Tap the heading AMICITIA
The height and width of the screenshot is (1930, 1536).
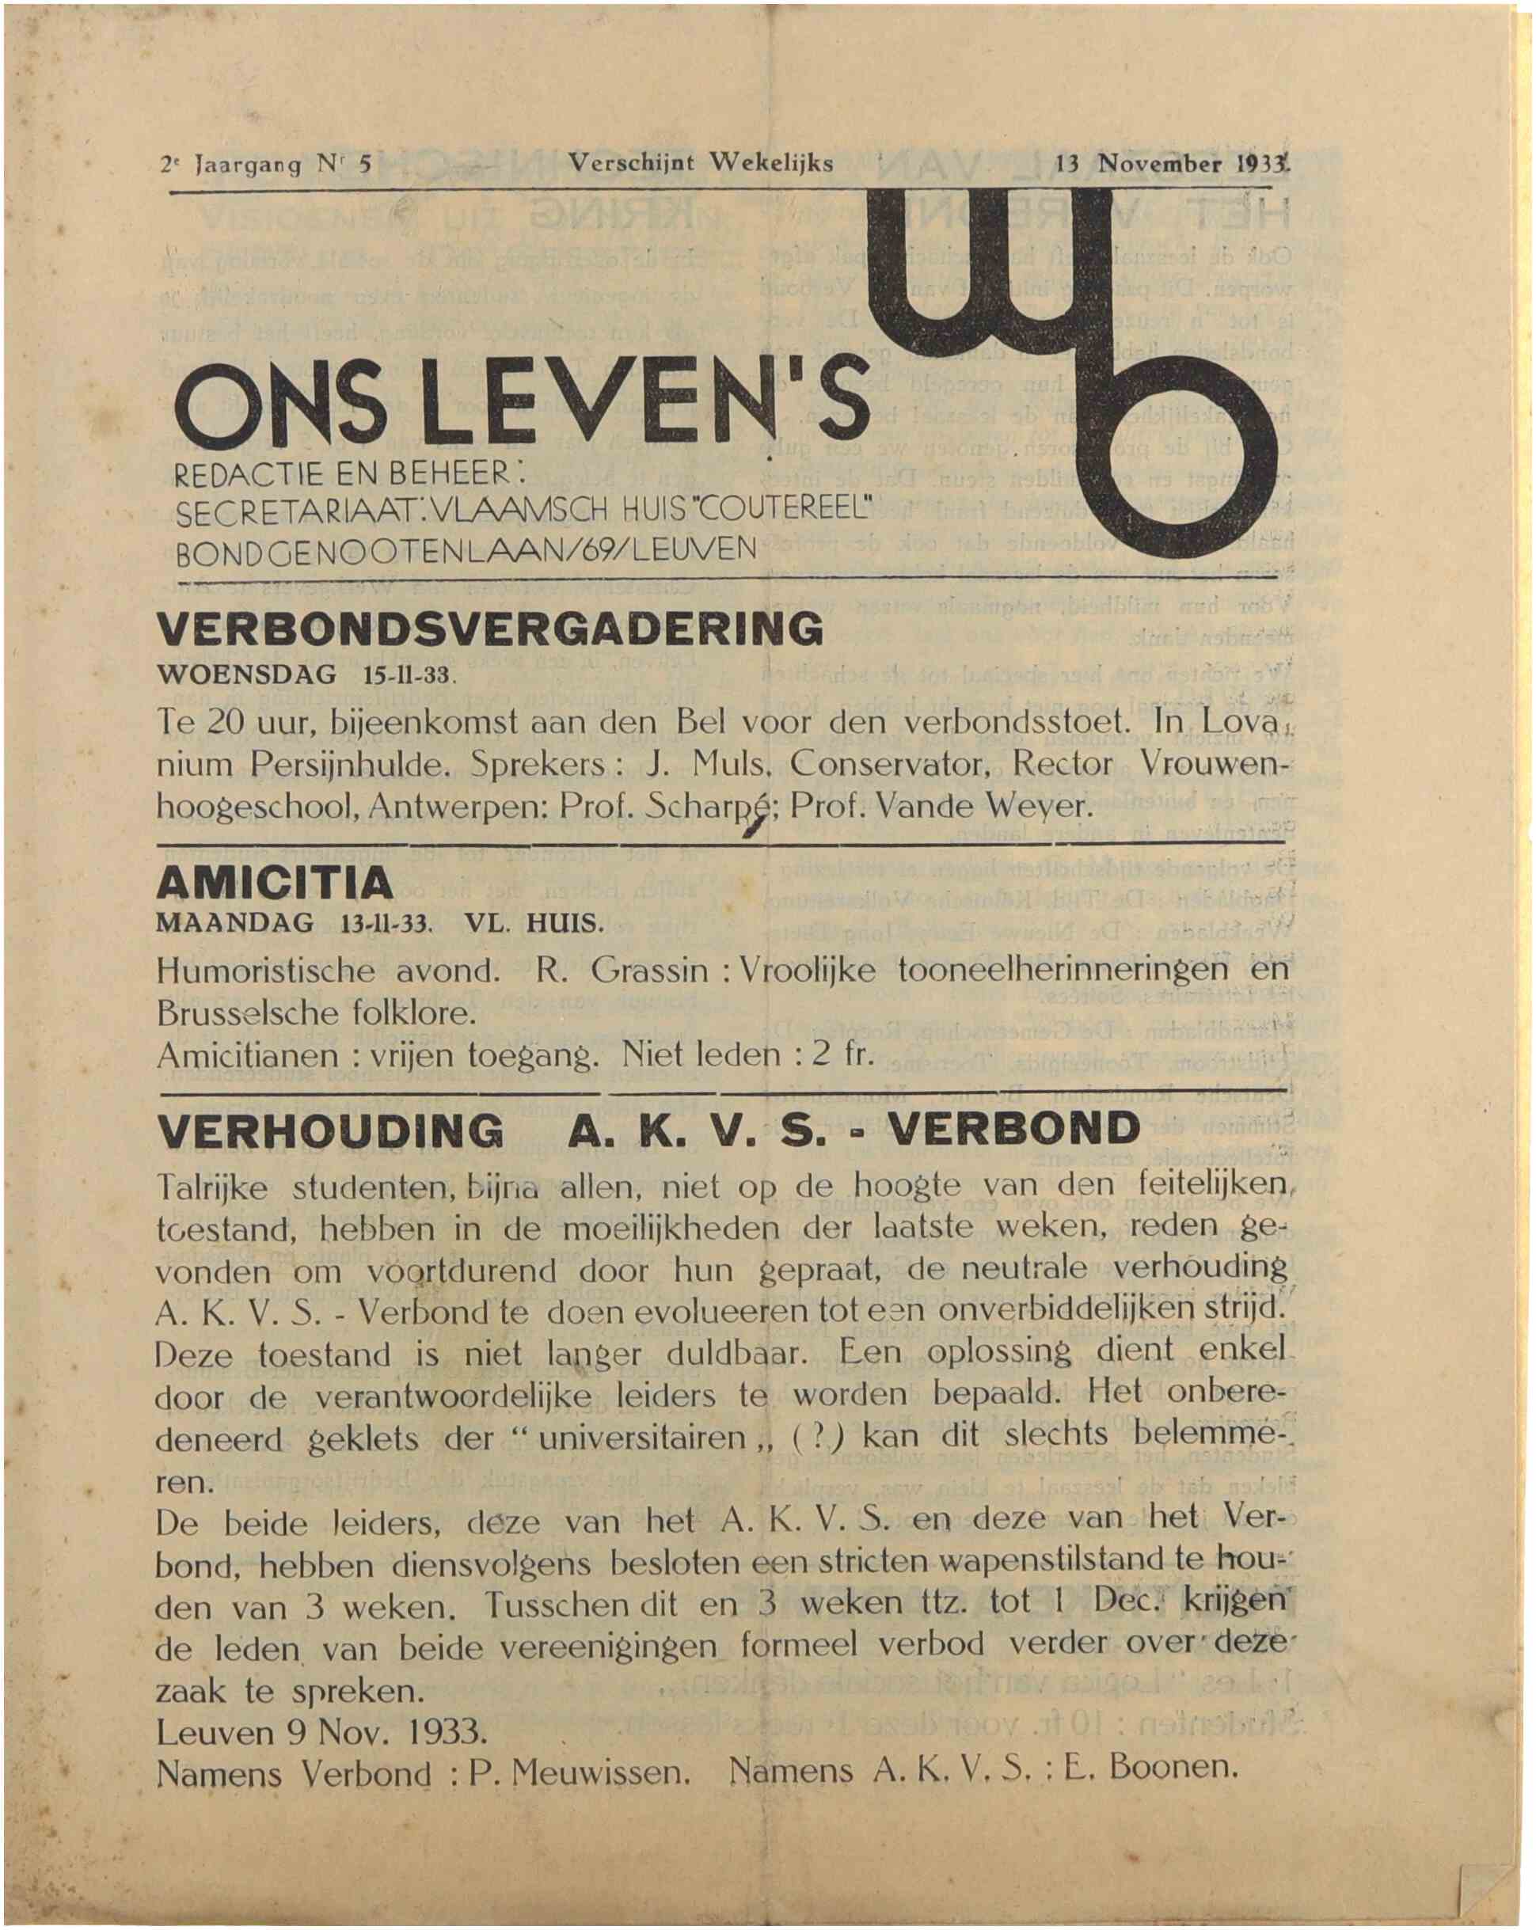click(274, 883)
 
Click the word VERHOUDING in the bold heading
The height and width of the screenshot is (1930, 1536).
click(329, 1130)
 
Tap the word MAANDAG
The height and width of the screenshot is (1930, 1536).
click(234, 924)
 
